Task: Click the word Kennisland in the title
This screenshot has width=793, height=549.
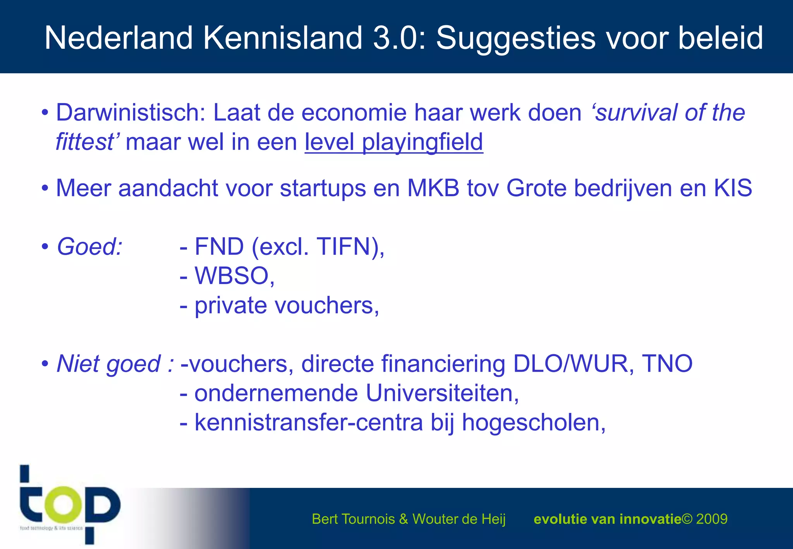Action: click(x=283, y=38)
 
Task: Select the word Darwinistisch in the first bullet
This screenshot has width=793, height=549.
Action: click(x=130, y=113)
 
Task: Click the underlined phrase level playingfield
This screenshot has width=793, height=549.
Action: click(x=394, y=142)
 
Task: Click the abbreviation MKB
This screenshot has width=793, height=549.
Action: click(x=433, y=189)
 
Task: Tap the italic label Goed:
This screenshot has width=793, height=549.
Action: click(x=89, y=247)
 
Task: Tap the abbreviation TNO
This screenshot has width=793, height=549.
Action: click(x=667, y=364)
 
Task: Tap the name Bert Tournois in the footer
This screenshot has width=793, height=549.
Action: click(x=353, y=519)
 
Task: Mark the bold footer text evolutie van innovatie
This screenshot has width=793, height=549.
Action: click(x=607, y=519)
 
